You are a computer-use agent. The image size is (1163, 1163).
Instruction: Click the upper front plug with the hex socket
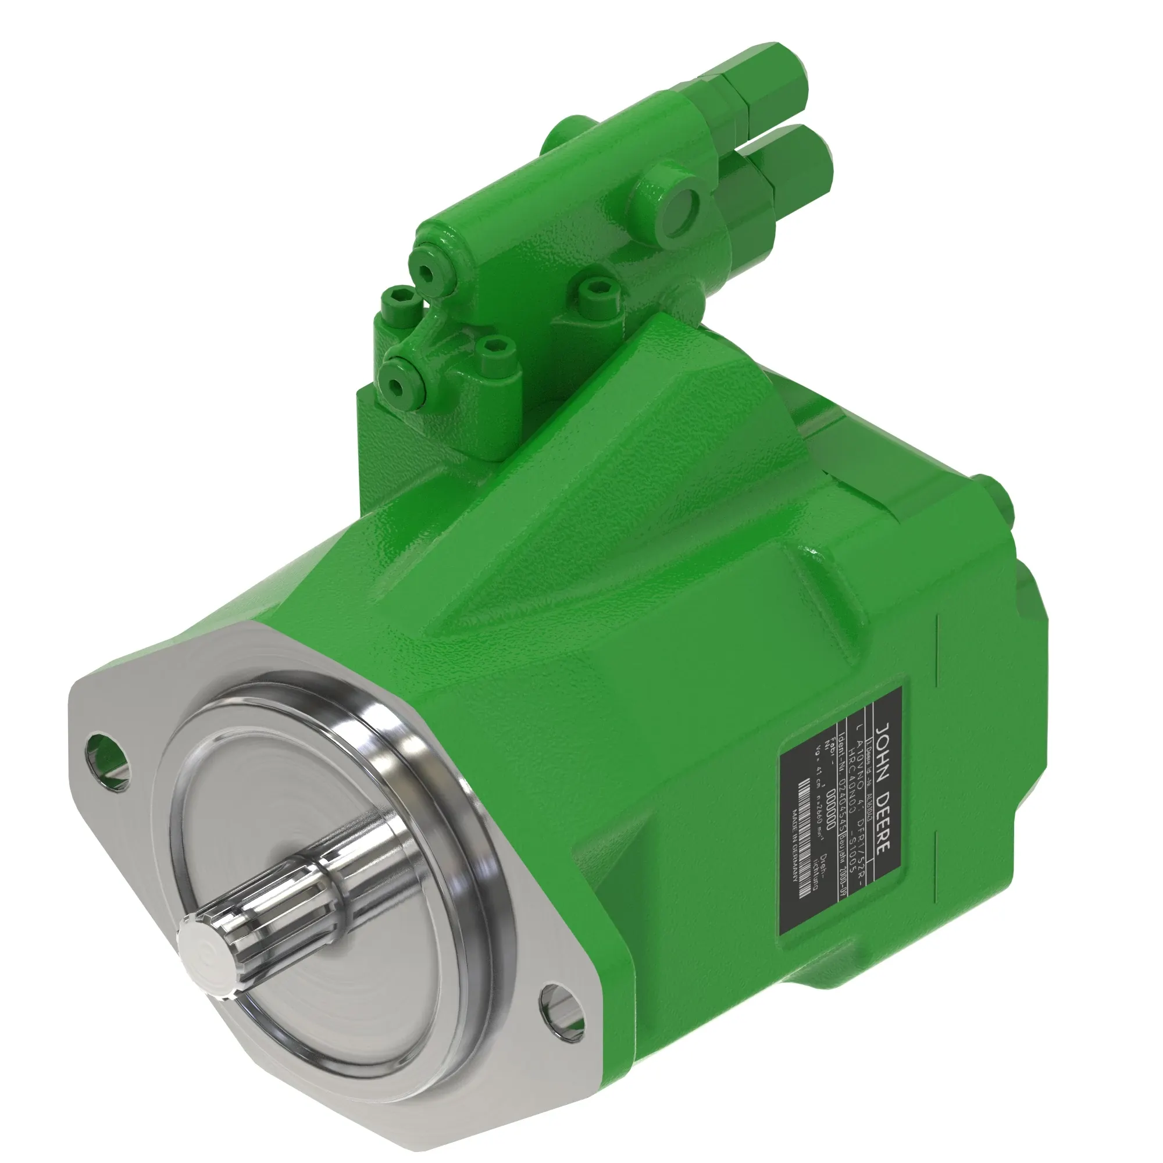point(427,271)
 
